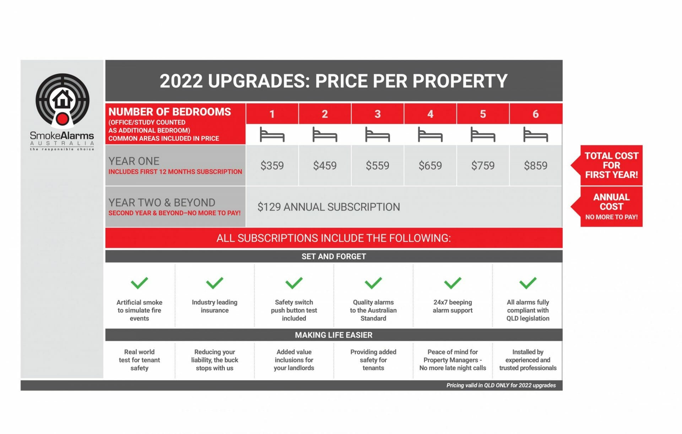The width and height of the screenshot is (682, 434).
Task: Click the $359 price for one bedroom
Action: coord(272,166)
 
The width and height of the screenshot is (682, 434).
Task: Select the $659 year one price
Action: coord(430,166)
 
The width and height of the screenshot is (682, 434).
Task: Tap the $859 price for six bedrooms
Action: coord(536,166)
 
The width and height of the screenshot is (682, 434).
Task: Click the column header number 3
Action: coord(378,114)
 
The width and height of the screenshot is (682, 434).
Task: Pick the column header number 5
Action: coord(483,114)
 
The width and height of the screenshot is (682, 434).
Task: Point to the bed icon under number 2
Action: coord(325,135)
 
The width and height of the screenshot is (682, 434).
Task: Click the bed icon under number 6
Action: coord(536,135)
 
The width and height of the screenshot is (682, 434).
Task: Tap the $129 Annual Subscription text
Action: coord(329,207)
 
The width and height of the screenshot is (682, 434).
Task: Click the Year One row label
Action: coord(134,161)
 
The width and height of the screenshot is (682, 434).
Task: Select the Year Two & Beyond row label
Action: coord(162,203)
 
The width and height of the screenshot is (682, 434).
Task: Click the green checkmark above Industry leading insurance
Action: coord(215,283)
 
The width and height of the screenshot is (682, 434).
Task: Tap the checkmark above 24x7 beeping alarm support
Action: coord(453,283)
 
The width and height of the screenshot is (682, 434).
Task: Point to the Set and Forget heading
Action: coord(334,256)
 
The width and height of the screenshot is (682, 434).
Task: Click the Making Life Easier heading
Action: coord(334,335)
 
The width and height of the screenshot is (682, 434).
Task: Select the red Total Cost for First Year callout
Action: coord(611,166)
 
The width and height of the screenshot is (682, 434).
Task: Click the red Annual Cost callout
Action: coord(611,206)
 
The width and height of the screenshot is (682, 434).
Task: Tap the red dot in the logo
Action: coord(63,119)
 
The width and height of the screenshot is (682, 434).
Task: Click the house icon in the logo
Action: coord(63,99)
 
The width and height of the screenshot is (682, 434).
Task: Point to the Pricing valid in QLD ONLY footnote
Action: coord(501,385)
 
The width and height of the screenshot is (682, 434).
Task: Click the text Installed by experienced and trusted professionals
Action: coord(528,360)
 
